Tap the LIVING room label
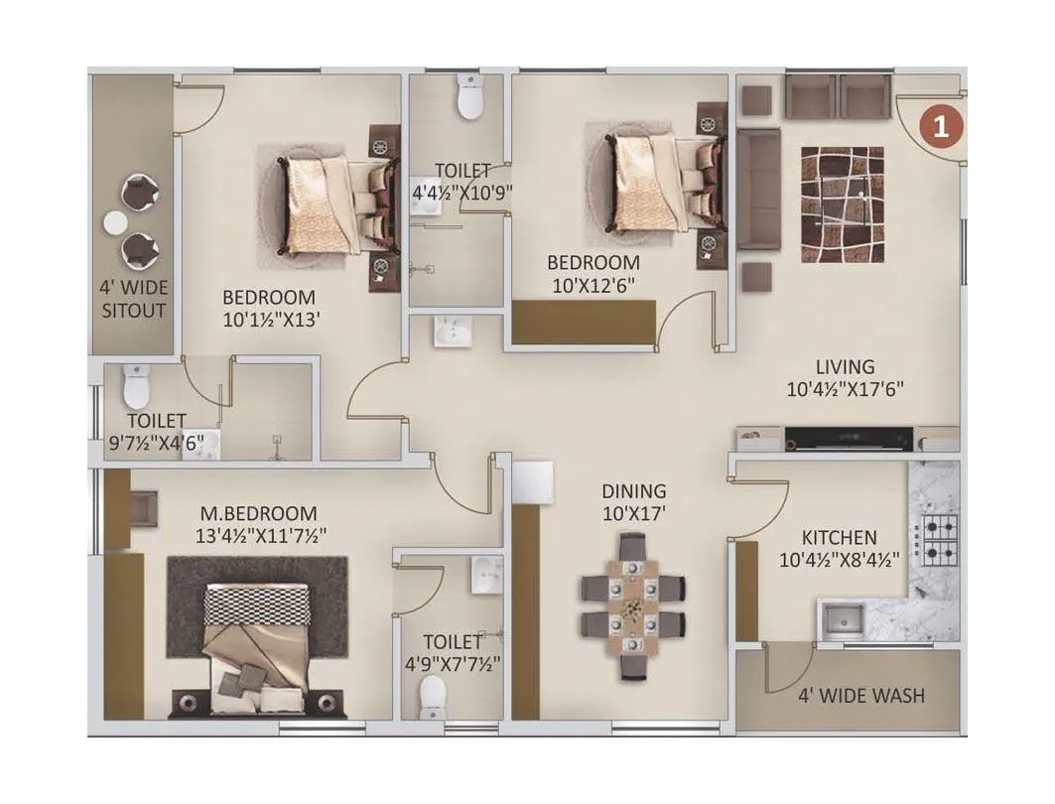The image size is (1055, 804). (845, 367)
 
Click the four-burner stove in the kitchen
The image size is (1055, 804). (938, 539)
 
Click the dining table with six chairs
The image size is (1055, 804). (632, 605)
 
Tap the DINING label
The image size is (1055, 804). (633, 491)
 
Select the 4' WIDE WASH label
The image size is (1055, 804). (860, 695)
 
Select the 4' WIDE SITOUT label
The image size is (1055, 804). (133, 299)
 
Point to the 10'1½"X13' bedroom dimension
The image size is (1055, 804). (269, 320)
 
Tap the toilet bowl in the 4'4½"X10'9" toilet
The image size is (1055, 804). (468, 100)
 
